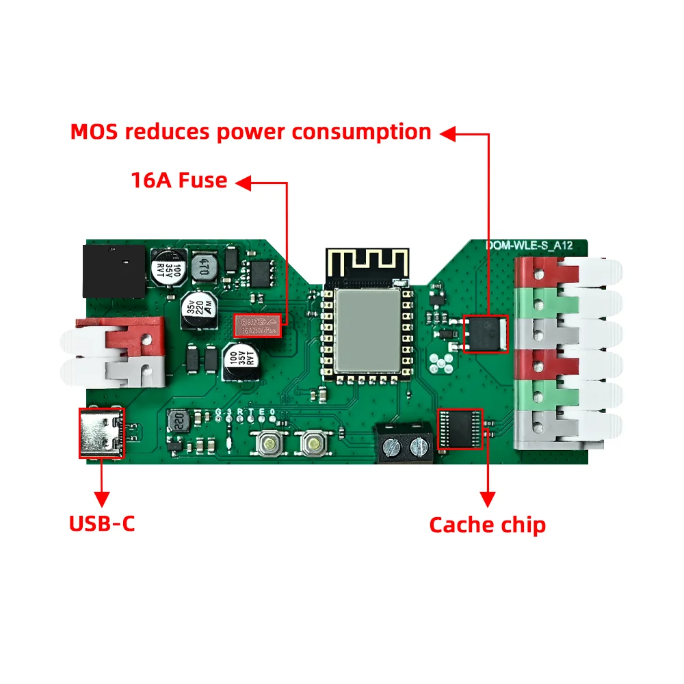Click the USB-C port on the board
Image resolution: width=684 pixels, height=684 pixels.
tap(101, 432)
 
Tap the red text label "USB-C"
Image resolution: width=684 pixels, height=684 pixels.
tap(102, 524)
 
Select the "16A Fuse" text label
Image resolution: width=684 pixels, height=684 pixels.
tap(179, 181)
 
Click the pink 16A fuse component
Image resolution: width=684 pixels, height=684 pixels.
tap(259, 325)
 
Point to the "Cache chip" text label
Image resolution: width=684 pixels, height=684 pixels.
tap(487, 525)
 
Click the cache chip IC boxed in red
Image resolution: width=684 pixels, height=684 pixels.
tap(460, 430)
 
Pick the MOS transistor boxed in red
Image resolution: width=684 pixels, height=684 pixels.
tap(486, 333)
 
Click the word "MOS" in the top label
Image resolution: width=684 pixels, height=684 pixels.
tap(95, 132)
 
